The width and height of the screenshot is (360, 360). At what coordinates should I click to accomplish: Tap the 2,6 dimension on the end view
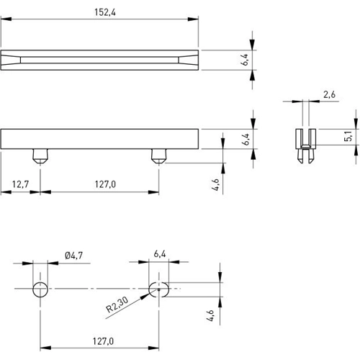click(x=330, y=94)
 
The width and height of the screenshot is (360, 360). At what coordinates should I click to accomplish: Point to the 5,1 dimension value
click(x=348, y=136)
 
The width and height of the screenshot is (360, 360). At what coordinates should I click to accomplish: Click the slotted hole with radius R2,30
click(x=158, y=290)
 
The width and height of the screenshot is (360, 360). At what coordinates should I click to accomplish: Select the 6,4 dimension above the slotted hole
click(x=160, y=254)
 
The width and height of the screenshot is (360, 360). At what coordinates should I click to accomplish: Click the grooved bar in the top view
click(x=101, y=60)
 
